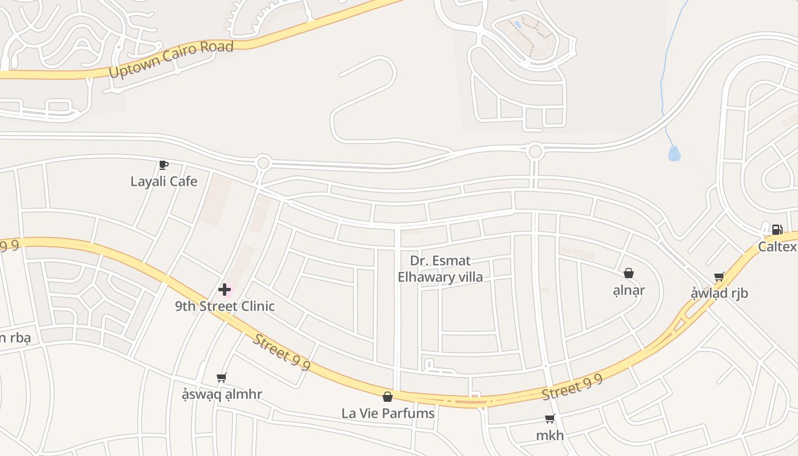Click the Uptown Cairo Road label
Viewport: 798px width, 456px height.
point(170,60)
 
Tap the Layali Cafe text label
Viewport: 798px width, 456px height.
point(164,181)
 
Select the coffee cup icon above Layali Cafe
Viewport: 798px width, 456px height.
point(164,165)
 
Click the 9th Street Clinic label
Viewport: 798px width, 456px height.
point(225,306)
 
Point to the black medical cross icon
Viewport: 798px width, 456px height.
point(225,290)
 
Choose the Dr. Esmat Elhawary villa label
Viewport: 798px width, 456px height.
point(440,269)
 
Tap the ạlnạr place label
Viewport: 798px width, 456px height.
point(629,290)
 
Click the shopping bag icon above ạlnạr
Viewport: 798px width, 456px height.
point(629,274)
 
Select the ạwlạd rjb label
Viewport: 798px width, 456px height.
point(719,293)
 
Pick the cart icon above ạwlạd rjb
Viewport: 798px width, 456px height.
point(719,277)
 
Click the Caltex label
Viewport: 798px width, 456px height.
point(777,247)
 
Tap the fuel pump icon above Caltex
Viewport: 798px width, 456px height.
point(777,230)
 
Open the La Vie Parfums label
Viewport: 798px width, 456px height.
point(388,413)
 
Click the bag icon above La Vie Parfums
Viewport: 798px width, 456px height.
point(388,397)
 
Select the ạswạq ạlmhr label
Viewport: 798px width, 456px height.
point(222,394)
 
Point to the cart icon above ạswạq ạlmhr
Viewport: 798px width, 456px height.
point(222,377)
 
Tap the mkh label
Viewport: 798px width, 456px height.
point(550,435)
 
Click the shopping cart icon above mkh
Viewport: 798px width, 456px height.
point(550,419)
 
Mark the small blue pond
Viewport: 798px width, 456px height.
point(674,153)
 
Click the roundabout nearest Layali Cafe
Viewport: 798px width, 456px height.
point(263,163)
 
